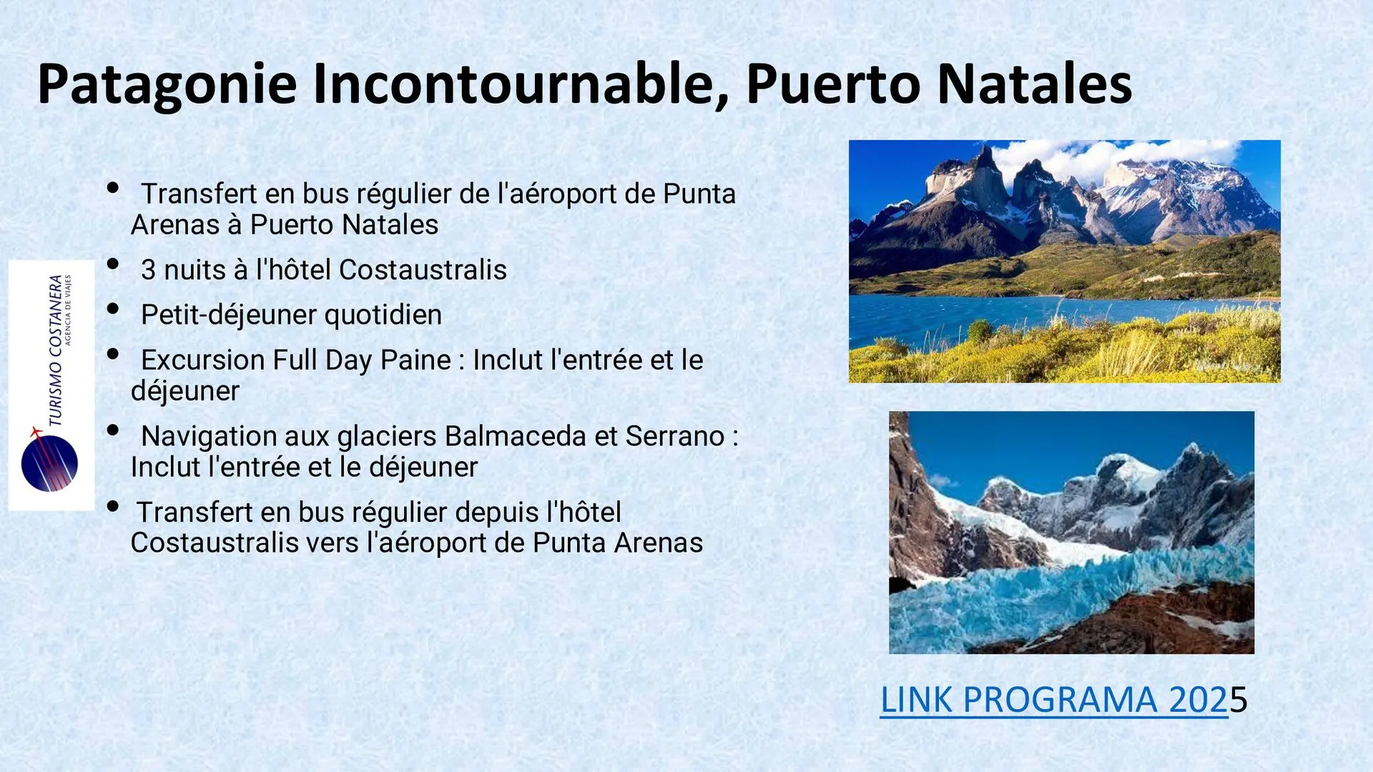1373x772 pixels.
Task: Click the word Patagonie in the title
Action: coord(167,85)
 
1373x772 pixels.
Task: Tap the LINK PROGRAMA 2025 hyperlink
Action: coord(1063,700)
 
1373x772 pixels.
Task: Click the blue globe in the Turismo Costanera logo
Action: coord(49,463)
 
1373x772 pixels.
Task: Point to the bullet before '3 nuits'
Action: coord(113,264)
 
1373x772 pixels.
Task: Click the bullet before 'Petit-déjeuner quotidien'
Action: coord(113,309)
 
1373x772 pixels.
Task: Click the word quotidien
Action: coord(383,315)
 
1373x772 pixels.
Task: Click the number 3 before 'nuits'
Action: coord(148,270)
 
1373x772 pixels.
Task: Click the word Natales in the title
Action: coord(1034,85)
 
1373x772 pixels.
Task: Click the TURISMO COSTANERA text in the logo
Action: coord(56,351)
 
